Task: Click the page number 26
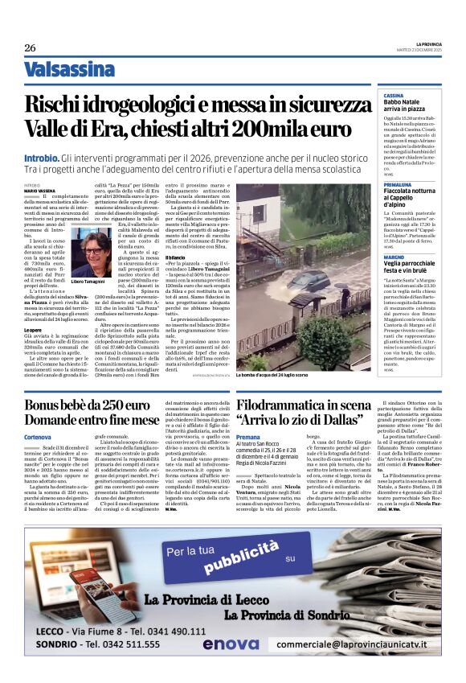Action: (x=30, y=47)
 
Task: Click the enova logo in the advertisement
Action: (x=231, y=666)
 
